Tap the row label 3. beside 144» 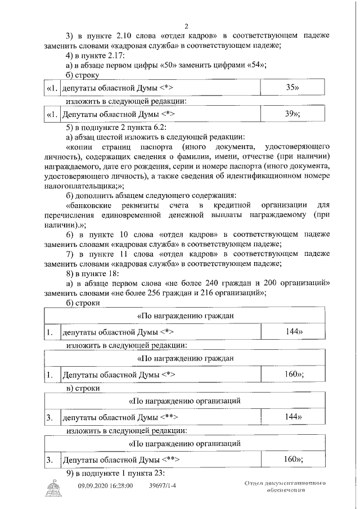[x=49, y=418]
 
